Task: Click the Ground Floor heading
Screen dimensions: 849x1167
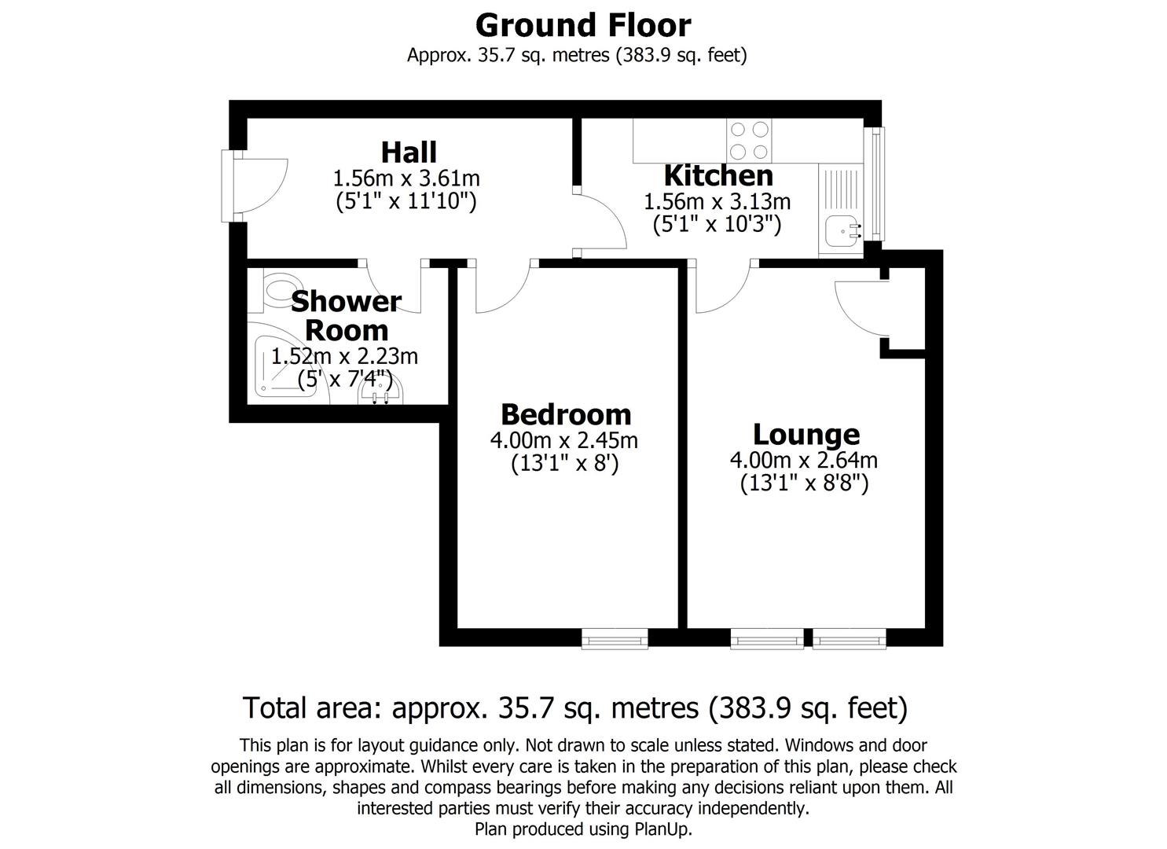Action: tap(582, 25)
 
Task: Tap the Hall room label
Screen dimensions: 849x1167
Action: tap(409, 152)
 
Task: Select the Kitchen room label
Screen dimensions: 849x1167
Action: tap(718, 175)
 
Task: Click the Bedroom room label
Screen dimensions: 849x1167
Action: tap(566, 413)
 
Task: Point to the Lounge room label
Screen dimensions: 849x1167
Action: tap(806, 434)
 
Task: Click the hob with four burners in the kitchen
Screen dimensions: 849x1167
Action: tap(748, 140)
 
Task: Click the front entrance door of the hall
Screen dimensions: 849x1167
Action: tap(259, 186)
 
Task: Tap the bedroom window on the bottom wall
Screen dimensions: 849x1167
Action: tap(615, 638)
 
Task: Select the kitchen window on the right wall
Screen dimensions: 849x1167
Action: tap(875, 183)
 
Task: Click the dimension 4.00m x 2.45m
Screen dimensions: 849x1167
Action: tap(563, 440)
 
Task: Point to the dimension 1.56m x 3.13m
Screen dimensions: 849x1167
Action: tap(717, 202)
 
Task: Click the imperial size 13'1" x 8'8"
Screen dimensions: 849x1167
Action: tap(804, 483)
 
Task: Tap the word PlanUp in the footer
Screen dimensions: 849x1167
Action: tap(662, 829)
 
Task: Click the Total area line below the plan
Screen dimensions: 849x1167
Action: tap(574, 707)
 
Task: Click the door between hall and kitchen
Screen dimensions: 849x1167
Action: tap(601, 222)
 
